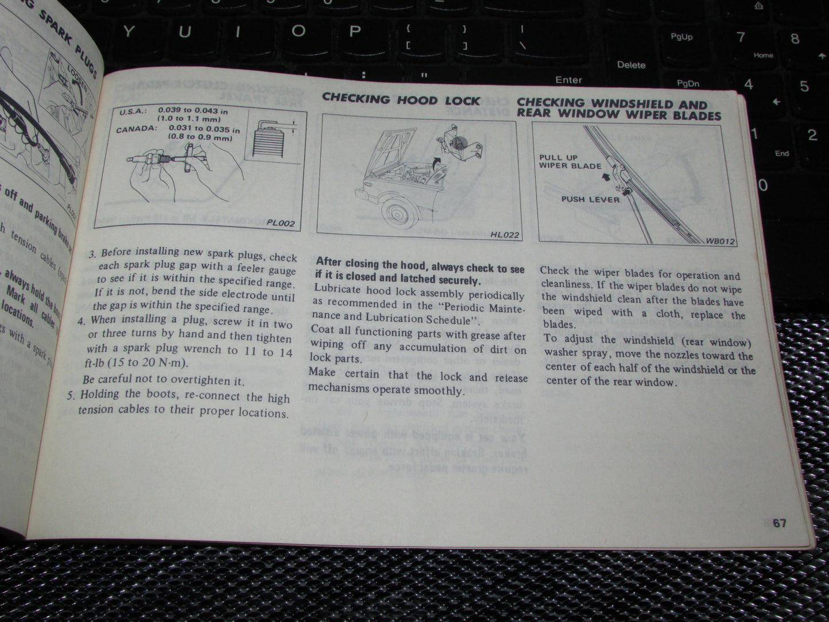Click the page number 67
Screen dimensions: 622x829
(779, 523)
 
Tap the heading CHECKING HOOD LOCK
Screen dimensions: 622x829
(401, 99)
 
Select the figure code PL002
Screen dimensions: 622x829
(281, 223)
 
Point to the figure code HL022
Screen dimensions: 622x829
(504, 234)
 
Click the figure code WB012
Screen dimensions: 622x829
(720, 242)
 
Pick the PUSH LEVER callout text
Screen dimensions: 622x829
(590, 200)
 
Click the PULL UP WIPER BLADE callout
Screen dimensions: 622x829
(570, 162)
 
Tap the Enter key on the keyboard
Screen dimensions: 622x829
(568, 80)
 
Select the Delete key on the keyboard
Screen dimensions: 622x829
(631, 65)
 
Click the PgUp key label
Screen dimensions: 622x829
(682, 37)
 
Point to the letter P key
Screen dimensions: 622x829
(355, 31)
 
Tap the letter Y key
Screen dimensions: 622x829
(129, 31)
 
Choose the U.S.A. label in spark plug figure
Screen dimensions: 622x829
(134, 112)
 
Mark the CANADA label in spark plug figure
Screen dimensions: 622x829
(137, 129)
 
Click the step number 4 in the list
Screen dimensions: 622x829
(81, 320)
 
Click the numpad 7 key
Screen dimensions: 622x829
(741, 38)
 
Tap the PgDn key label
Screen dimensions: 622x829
(688, 84)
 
